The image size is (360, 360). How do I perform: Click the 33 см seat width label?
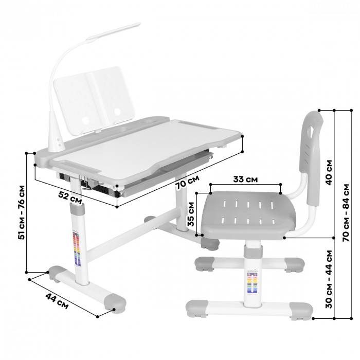245,179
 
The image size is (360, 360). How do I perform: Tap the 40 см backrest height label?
329,171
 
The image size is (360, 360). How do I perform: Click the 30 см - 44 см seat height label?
330,278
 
